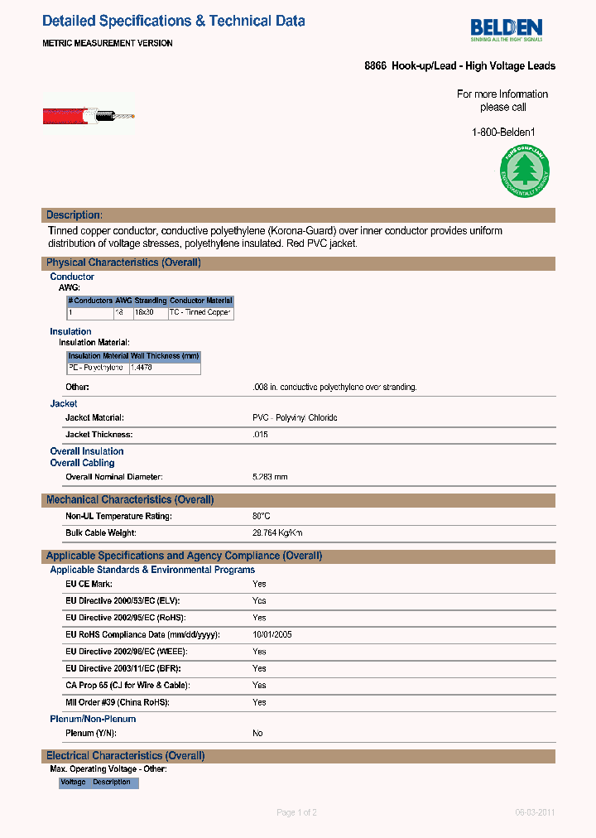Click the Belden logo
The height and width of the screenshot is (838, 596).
(506, 29)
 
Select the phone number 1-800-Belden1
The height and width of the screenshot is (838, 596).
(503, 132)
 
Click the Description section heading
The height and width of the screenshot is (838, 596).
(74, 215)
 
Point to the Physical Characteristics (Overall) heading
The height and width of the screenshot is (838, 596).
(123, 262)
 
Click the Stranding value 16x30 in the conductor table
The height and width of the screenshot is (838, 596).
(145, 313)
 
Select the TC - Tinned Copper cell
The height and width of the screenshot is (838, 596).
(200, 313)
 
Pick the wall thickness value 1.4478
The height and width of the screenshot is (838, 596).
(142, 368)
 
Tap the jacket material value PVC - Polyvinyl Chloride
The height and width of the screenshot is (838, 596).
(295, 418)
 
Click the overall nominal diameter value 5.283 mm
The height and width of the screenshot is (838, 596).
(270, 477)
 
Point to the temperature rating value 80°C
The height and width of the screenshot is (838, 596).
(262, 516)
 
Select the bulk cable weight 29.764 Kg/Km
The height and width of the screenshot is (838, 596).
(277, 533)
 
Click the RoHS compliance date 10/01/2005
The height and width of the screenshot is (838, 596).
(272, 634)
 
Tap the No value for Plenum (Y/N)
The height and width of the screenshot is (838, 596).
(257, 734)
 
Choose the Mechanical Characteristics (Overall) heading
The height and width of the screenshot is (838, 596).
(130, 500)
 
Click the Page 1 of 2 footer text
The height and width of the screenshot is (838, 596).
(296, 812)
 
